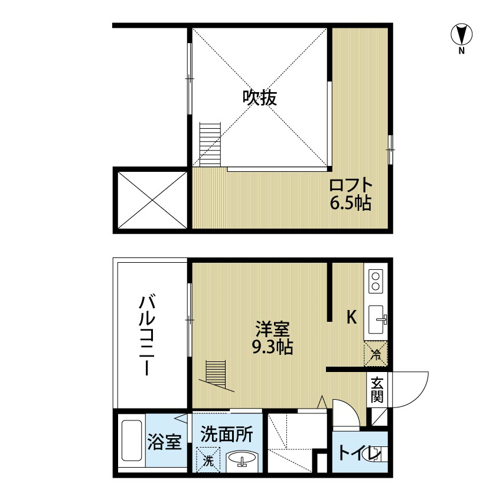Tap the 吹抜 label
click(260, 98)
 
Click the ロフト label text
click(351, 185)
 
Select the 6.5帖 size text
click(351, 203)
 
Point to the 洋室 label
click(272, 329)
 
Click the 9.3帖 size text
click(272, 347)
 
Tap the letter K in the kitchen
click(352, 317)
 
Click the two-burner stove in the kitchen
click(376, 281)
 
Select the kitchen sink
click(377, 319)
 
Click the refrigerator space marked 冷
click(376, 354)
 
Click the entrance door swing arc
click(419, 396)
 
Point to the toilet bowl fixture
click(376, 455)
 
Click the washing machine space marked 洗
click(208, 459)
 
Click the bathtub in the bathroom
click(132, 440)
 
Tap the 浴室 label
click(165, 442)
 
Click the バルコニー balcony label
click(147, 335)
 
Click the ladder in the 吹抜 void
click(210, 145)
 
